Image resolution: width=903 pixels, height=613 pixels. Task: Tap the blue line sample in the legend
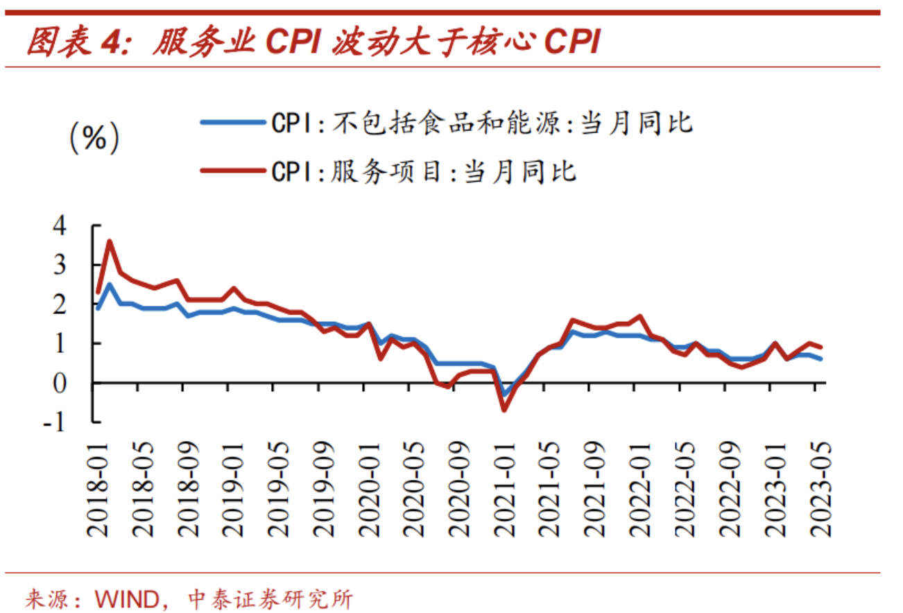pyautogui.click(x=233, y=123)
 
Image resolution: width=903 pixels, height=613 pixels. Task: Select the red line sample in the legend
pyautogui.click(x=233, y=170)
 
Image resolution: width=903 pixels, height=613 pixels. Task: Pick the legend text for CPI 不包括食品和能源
pyautogui.click(x=482, y=123)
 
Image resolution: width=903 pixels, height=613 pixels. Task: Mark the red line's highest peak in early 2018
pyautogui.click(x=110, y=241)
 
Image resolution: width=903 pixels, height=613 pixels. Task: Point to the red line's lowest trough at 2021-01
pyautogui.click(x=504, y=410)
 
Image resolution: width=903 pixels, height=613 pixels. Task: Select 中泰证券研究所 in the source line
pyautogui.click(x=270, y=597)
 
